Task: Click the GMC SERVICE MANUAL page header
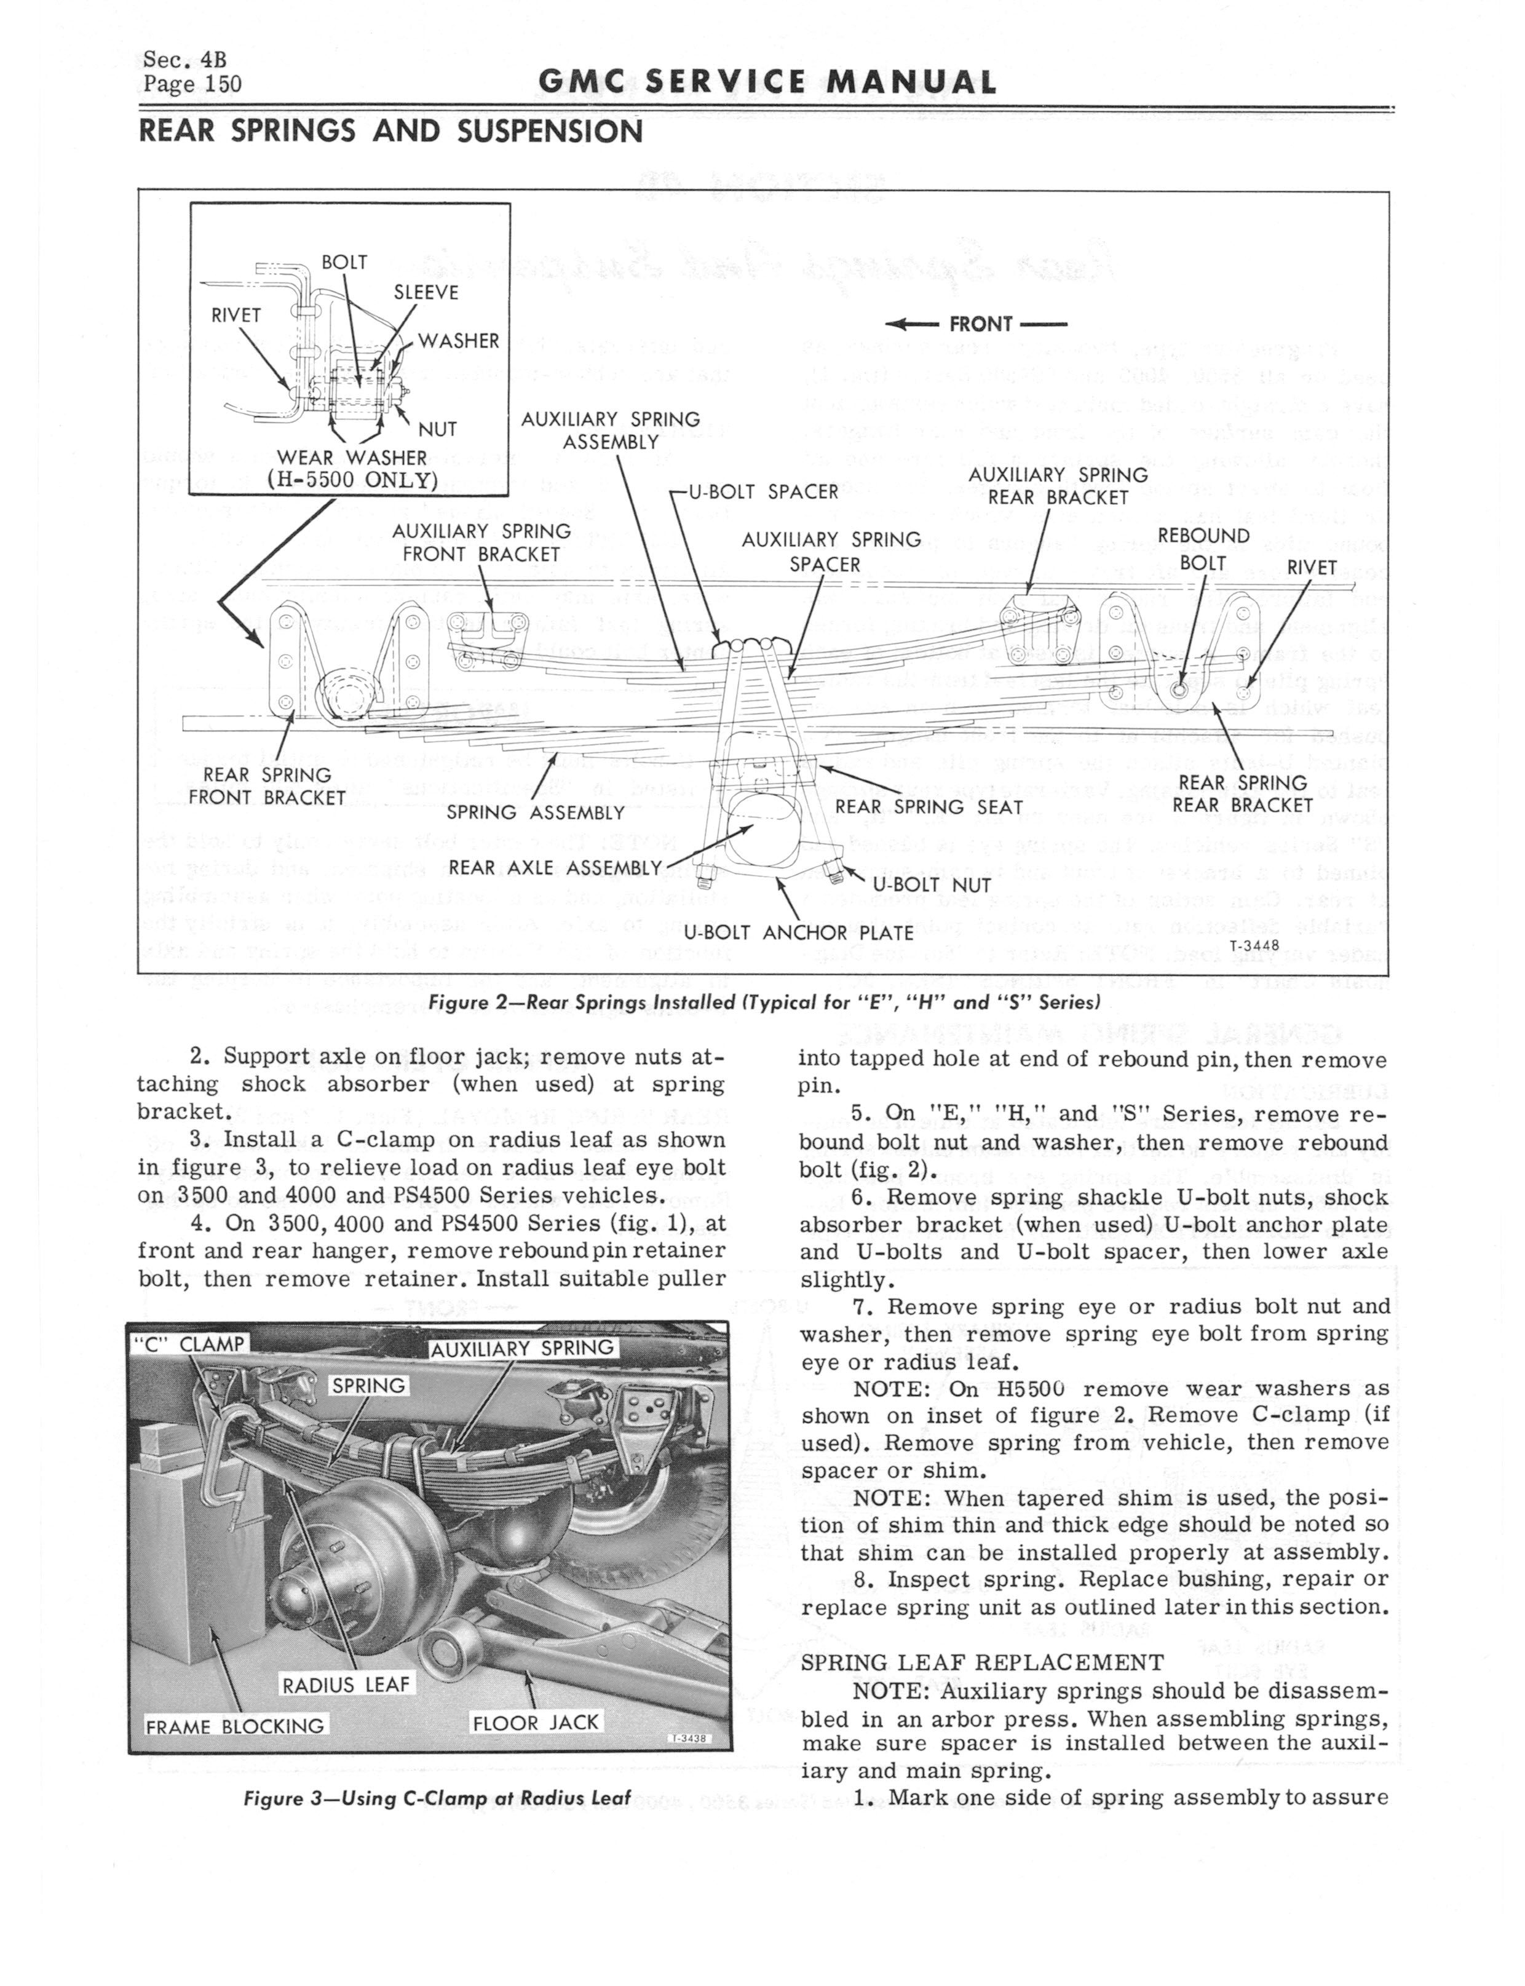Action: [767, 82]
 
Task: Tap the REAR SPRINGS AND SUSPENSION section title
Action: [390, 132]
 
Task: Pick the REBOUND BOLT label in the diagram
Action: [1203, 549]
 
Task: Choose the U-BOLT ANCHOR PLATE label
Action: [798, 932]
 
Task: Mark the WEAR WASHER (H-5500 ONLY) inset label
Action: [353, 469]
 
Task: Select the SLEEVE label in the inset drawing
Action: [425, 292]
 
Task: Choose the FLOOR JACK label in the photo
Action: [536, 1723]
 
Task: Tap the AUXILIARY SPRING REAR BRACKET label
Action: [1058, 486]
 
